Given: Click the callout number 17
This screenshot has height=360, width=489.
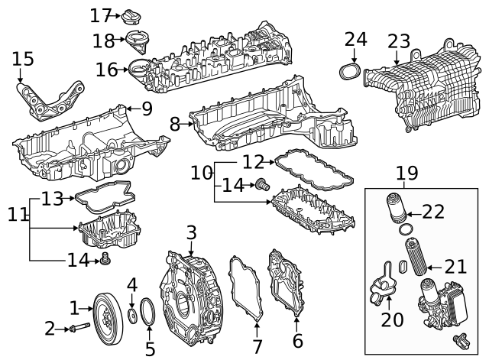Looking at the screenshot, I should [x=100, y=15].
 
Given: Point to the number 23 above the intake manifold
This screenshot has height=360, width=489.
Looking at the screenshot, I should [x=399, y=41].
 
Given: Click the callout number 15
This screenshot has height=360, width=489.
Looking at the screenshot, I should [x=24, y=58].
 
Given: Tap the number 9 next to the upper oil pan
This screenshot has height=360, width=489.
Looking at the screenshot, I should [x=147, y=109].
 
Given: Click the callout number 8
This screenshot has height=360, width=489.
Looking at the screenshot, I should [x=175, y=124].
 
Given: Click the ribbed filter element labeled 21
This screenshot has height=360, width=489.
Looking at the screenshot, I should [x=417, y=259].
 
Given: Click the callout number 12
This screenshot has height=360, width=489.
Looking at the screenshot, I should [x=254, y=161].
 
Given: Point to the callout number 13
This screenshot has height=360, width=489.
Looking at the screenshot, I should [x=52, y=199].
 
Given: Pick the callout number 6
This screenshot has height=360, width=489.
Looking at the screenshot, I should [x=297, y=342].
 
